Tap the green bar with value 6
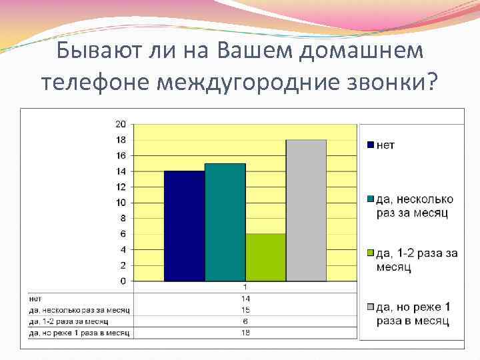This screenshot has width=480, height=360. [265, 257]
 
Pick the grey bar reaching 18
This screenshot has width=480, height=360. [306, 210]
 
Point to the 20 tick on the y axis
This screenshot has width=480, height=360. [121, 124]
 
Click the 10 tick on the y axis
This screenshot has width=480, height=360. [121, 203]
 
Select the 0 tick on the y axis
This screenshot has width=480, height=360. [123, 281]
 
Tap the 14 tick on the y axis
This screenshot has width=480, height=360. [121, 171]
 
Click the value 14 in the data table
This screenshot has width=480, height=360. [245, 299]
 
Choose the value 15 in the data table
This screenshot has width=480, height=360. [245, 310]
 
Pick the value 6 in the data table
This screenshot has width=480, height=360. [245, 321]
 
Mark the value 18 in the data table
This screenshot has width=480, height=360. [245, 332]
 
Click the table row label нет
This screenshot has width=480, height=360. [36, 299]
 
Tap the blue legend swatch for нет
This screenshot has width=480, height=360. [371, 145]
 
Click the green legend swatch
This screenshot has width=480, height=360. [371, 253]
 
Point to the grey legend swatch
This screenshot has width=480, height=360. [371, 307]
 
